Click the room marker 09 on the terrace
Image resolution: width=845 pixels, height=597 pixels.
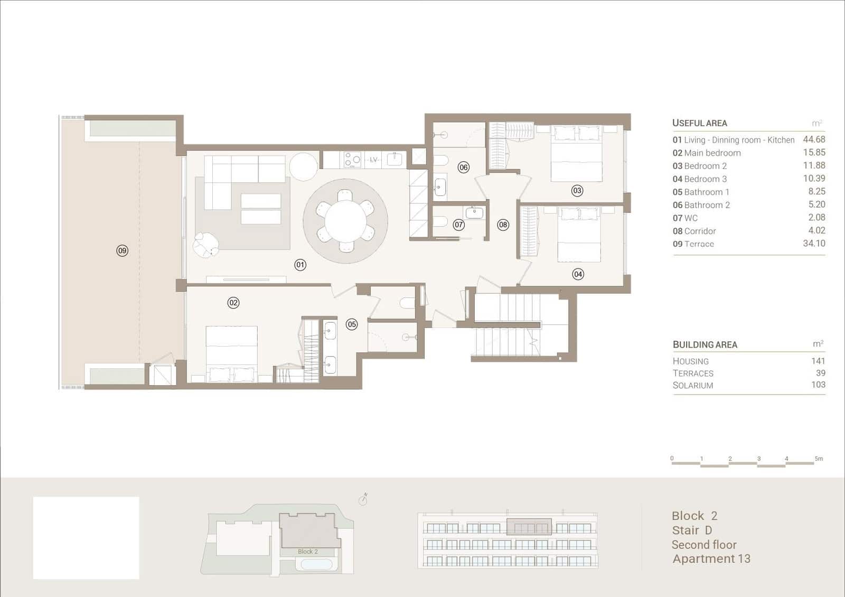[122, 250]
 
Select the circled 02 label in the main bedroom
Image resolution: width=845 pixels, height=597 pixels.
[233, 303]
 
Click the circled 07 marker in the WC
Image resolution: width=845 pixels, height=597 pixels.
[459, 225]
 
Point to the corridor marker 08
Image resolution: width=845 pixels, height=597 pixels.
[503, 225]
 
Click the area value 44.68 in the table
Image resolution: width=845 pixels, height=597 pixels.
[814, 139]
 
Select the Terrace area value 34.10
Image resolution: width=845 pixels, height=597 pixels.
[814, 244]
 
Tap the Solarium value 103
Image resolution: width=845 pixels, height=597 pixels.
[818, 385]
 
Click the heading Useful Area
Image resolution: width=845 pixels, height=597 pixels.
[699, 123]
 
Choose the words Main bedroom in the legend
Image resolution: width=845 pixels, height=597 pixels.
[712, 153]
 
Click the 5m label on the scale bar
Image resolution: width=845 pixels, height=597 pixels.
[819, 459]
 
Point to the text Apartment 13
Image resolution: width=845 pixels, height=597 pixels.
[711, 558]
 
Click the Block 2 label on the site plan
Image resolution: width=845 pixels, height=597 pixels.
[308, 552]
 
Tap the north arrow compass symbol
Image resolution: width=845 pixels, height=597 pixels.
[363, 499]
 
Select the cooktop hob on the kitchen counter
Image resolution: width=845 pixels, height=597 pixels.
[352, 160]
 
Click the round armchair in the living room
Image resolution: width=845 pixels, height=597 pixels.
[205, 245]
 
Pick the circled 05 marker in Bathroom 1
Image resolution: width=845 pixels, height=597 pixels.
[352, 324]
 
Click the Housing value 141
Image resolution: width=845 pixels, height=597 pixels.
[818, 361]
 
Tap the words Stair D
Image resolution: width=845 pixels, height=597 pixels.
[692, 530]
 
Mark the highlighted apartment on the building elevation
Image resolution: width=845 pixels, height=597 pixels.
[529, 527]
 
